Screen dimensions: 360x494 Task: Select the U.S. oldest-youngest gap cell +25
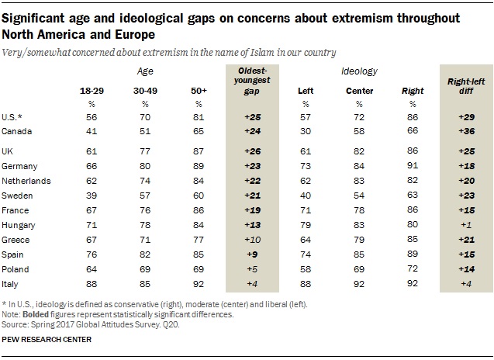click(x=251, y=116)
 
